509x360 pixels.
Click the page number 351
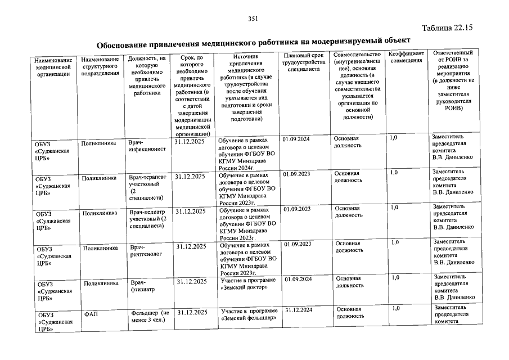coord(253,20)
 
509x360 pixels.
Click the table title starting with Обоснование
coord(253,42)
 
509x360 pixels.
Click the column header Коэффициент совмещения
coord(406,57)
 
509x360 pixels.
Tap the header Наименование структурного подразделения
coord(100,66)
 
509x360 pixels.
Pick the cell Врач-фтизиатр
coord(142,285)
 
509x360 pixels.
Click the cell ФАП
coord(91,314)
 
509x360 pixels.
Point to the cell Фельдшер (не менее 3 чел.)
coord(150,317)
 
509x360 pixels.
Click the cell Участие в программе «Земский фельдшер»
coord(249,314)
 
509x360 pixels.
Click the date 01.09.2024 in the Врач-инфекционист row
coord(297,139)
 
